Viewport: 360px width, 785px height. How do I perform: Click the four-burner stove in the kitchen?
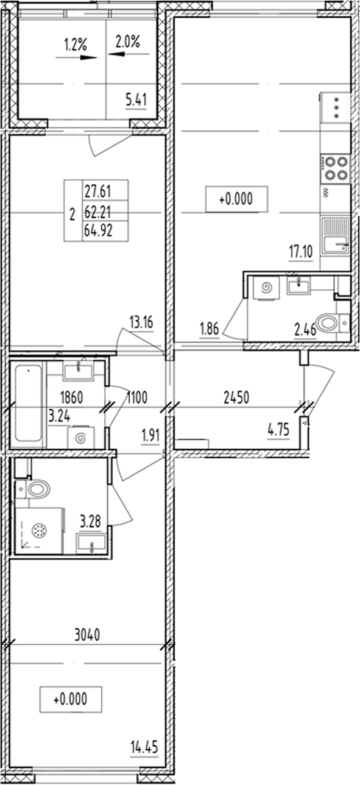click(x=335, y=168)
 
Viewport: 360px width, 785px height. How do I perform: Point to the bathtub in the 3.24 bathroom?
click(x=28, y=403)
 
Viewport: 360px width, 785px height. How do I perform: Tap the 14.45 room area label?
click(x=143, y=745)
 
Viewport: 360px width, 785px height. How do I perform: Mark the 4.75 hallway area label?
click(x=278, y=434)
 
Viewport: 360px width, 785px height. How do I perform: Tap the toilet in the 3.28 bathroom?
click(x=37, y=488)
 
